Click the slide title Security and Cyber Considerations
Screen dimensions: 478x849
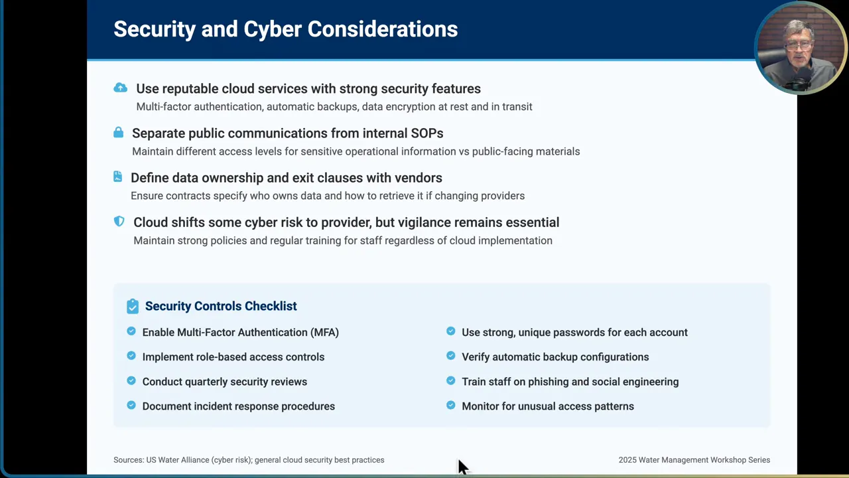(x=285, y=29)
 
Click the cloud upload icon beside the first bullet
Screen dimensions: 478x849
(x=120, y=88)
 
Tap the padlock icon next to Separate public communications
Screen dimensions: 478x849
(x=118, y=132)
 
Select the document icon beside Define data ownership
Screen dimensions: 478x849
(x=117, y=177)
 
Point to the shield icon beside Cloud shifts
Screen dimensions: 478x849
(x=119, y=221)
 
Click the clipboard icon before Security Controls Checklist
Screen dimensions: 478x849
(x=133, y=306)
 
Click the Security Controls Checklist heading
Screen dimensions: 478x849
(x=221, y=306)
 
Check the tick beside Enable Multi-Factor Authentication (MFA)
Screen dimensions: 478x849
(x=131, y=331)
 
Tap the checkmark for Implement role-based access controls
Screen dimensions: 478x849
(x=131, y=356)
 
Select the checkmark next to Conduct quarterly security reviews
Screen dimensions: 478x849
(x=131, y=380)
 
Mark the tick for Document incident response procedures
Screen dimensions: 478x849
(x=131, y=405)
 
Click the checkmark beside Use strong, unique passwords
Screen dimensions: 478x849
(x=451, y=331)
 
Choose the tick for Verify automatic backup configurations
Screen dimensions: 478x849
(x=451, y=356)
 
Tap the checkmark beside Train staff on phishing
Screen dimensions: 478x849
(x=451, y=380)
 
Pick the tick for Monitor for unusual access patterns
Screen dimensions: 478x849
(x=451, y=405)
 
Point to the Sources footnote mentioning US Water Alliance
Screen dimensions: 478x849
(x=249, y=460)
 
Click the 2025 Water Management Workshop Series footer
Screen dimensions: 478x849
(x=694, y=460)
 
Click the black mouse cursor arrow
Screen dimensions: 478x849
(x=462, y=467)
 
